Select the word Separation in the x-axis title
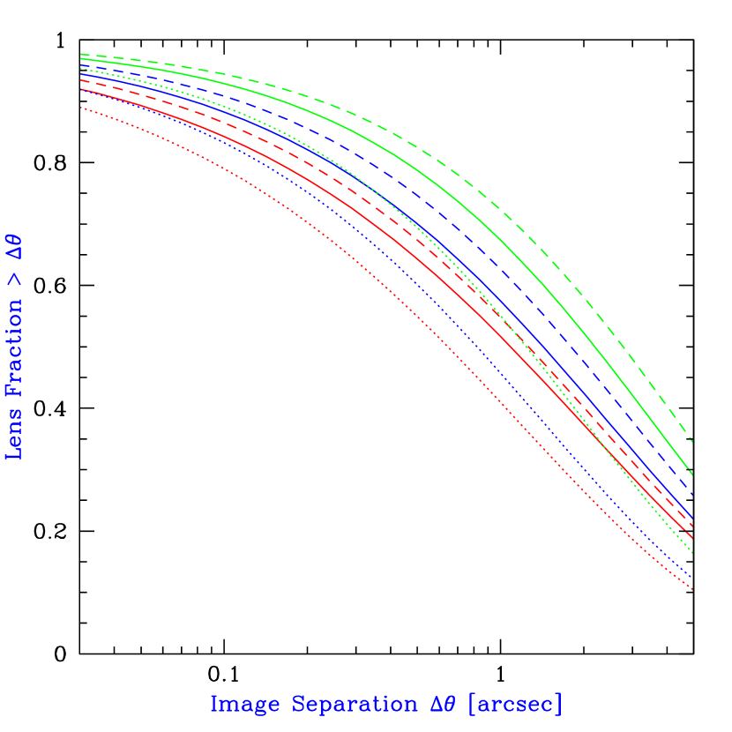point(354,705)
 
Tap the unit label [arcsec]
point(514,705)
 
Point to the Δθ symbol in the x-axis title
point(443,705)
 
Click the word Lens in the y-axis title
point(14,434)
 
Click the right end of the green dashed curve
point(692,441)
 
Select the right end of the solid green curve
point(692,474)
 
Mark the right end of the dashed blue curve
point(692,494)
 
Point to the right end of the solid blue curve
point(692,519)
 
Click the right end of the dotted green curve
point(692,554)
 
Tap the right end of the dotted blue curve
point(692,579)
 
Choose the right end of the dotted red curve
point(692,590)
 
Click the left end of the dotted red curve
point(81,108)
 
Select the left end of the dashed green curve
point(81,54)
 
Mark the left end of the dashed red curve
point(81,80)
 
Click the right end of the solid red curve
point(692,537)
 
